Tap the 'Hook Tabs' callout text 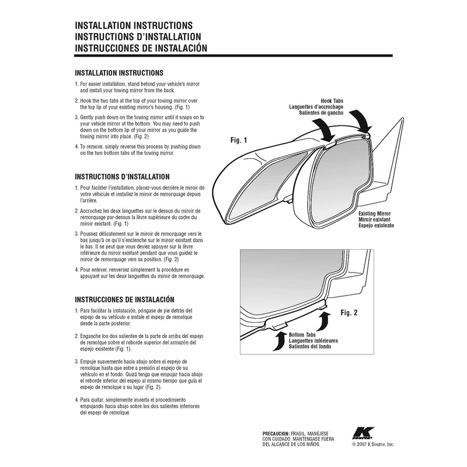tap(332, 101)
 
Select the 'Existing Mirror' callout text tap(375, 215)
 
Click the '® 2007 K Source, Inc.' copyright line tap(373, 444)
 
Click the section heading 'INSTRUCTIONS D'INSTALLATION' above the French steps tap(123, 176)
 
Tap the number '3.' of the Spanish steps tap(78, 362)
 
